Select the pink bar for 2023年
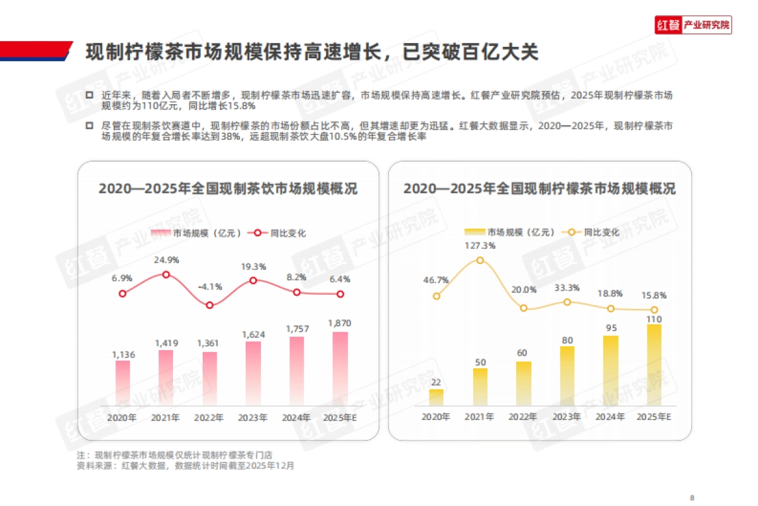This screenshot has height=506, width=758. coord(253,374)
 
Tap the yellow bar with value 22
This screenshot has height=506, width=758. coord(436,397)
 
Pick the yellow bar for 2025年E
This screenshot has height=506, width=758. coord(654,365)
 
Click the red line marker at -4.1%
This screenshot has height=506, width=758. coord(210,305)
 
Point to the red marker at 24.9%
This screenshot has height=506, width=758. coord(166,274)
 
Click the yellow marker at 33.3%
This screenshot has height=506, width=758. coord(567,302)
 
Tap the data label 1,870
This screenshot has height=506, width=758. coord(340,323)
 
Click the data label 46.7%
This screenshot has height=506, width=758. coord(436,280)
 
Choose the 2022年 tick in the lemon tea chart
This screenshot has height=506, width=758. coord(523,417)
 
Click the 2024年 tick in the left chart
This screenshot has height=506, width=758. coord(296,418)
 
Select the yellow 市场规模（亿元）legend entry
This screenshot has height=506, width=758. coord(510,232)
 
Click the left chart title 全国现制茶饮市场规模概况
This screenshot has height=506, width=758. coord(228,188)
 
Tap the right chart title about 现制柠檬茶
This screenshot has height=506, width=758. coord(539,188)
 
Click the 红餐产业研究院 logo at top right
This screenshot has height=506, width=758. coord(693,25)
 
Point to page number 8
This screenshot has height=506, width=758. coord(693,496)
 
